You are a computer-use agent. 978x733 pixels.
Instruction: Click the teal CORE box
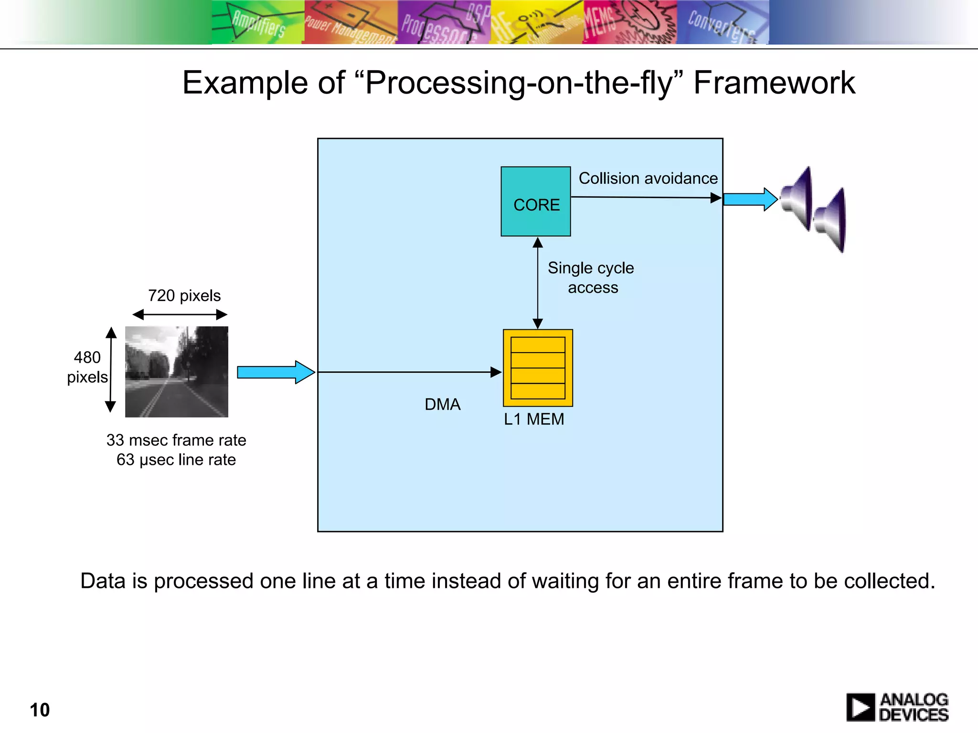tap(535, 201)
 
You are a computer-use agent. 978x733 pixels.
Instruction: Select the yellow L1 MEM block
tap(538, 368)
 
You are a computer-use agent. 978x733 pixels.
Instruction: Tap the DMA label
tap(442, 405)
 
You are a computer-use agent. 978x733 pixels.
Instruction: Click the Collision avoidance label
tap(648, 178)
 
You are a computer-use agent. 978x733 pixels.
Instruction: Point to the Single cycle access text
tap(591, 278)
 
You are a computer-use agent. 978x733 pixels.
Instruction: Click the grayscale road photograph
tap(177, 372)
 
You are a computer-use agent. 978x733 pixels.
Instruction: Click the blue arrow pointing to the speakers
tap(750, 199)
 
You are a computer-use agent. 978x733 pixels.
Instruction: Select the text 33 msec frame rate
tap(176, 440)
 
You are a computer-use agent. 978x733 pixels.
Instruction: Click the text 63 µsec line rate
tap(176, 460)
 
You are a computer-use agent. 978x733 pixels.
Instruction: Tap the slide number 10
tap(40, 710)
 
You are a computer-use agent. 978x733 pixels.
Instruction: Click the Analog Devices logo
tap(897, 707)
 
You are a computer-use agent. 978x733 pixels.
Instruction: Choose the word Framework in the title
tap(774, 83)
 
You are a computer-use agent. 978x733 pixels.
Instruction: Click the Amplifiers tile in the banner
tap(257, 22)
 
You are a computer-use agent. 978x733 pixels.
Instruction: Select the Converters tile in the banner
tap(722, 22)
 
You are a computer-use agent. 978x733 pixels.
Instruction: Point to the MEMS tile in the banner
tap(629, 22)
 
